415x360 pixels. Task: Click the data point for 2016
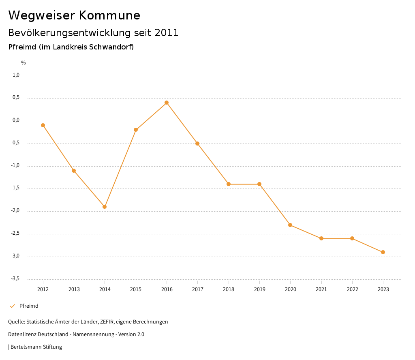pyautogui.click(x=167, y=103)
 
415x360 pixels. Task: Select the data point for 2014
pyautogui.click(x=105, y=207)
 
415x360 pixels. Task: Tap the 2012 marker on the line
pyautogui.click(x=43, y=125)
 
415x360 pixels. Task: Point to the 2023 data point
pyautogui.click(x=383, y=252)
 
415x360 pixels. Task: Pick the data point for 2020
pyautogui.click(x=290, y=225)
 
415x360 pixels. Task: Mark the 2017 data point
pyautogui.click(x=197, y=144)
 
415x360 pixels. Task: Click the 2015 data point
pyautogui.click(x=136, y=130)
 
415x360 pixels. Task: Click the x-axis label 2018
pyautogui.click(x=229, y=289)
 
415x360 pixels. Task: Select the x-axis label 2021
pyautogui.click(x=321, y=289)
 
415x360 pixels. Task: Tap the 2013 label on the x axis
pyautogui.click(x=74, y=289)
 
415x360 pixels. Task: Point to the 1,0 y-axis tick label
pyautogui.click(x=16, y=75)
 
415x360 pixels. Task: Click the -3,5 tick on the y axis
pyautogui.click(x=15, y=279)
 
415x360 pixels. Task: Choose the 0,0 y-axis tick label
pyautogui.click(x=16, y=120)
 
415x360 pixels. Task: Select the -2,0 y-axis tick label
pyautogui.click(x=15, y=211)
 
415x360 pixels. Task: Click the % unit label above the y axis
pyautogui.click(x=24, y=63)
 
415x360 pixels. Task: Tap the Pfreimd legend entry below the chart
pyautogui.click(x=29, y=306)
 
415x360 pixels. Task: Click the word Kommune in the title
pyautogui.click(x=109, y=15)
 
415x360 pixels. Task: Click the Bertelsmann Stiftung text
pyautogui.click(x=36, y=347)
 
